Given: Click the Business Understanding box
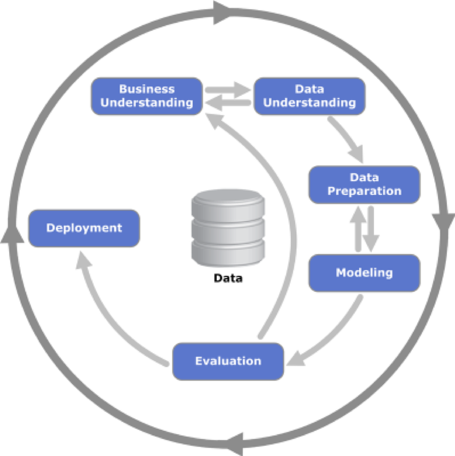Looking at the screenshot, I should (147, 96).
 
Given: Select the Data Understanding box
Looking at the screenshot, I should (309, 96).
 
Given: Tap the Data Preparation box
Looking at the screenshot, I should (364, 184).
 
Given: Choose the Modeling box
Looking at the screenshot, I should (364, 273).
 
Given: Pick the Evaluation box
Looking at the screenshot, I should (228, 361).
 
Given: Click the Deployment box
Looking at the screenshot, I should (84, 228).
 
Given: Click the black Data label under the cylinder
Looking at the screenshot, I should (228, 278).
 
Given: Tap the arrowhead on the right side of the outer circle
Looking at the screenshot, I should (443, 222).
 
